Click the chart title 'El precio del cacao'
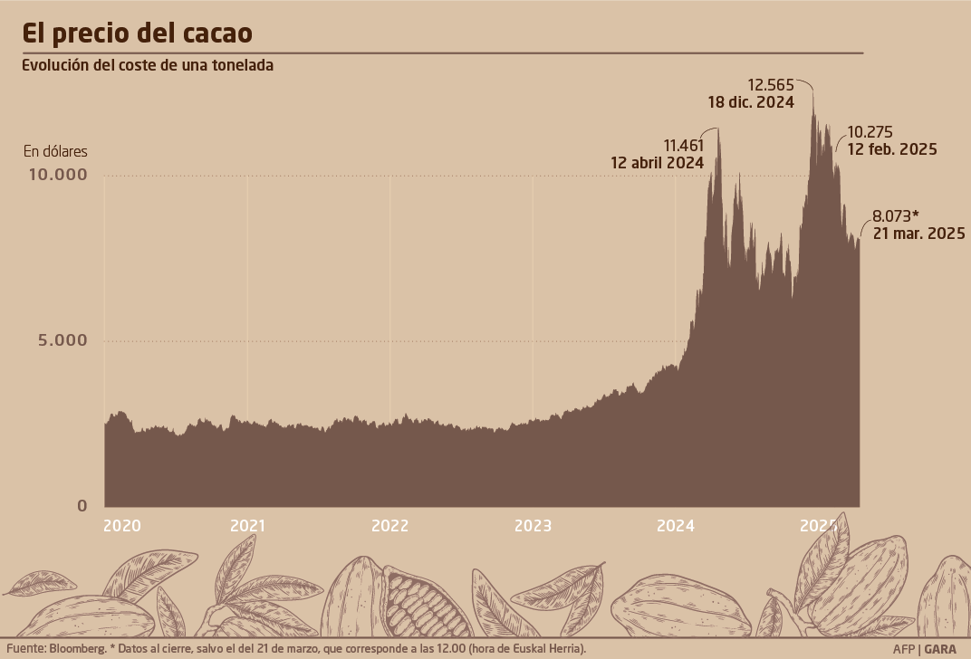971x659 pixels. click(137, 33)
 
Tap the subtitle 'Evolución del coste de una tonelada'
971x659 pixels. click(148, 65)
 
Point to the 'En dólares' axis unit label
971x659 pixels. click(55, 151)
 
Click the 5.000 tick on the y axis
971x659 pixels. click(62, 340)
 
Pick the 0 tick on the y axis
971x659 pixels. click(82, 505)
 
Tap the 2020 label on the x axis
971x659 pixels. click(122, 525)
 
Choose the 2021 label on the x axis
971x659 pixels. click(247, 525)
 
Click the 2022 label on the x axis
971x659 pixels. click(390, 525)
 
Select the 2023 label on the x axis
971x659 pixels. click(533, 525)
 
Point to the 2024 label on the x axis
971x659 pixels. click(676, 525)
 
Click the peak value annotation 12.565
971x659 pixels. click(771, 85)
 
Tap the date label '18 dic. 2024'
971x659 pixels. click(751, 102)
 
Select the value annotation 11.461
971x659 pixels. click(684, 145)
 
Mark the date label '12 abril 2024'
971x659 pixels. click(658, 163)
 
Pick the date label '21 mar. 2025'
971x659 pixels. click(918, 234)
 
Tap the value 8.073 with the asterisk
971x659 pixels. click(895, 216)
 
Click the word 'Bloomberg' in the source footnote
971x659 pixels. click(76, 648)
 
